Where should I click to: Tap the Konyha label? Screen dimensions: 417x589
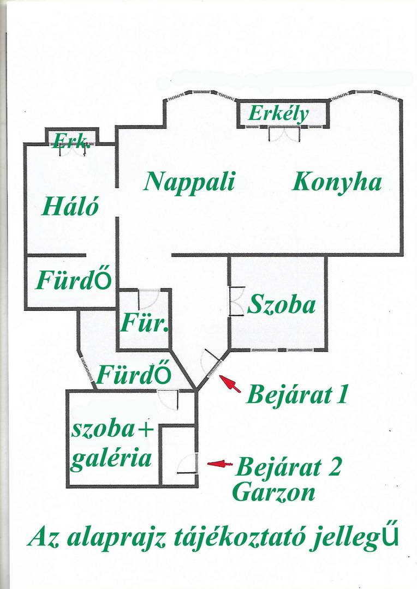point(337,183)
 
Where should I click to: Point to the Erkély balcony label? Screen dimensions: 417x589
point(278,114)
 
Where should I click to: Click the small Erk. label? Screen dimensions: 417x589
point(72,141)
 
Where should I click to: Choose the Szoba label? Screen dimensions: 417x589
point(281,304)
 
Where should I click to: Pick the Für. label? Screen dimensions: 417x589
point(144,323)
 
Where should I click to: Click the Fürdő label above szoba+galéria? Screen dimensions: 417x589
point(134,374)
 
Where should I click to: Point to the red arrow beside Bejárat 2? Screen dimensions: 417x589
point(220,464)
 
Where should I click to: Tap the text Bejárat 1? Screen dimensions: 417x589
point(297,395)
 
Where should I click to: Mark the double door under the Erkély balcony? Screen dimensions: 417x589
point(285,134)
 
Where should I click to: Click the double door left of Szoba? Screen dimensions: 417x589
point(236,301)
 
